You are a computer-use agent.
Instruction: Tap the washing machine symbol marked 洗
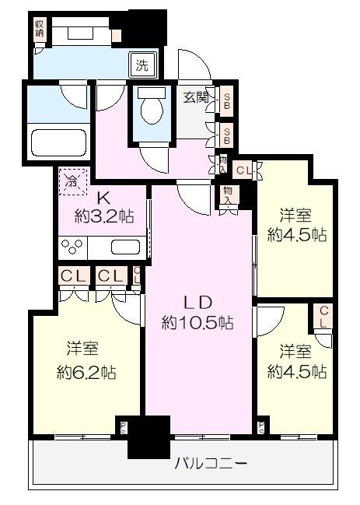(x=142, y=66)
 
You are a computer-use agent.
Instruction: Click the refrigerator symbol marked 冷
(x=72, y=183)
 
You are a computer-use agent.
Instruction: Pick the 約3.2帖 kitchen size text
(x=103, y=216)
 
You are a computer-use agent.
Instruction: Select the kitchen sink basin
(x=125, y=247)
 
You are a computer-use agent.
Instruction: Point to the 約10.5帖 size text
(x=197, y=321)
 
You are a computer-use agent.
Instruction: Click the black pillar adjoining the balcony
(x=149, y=437)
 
